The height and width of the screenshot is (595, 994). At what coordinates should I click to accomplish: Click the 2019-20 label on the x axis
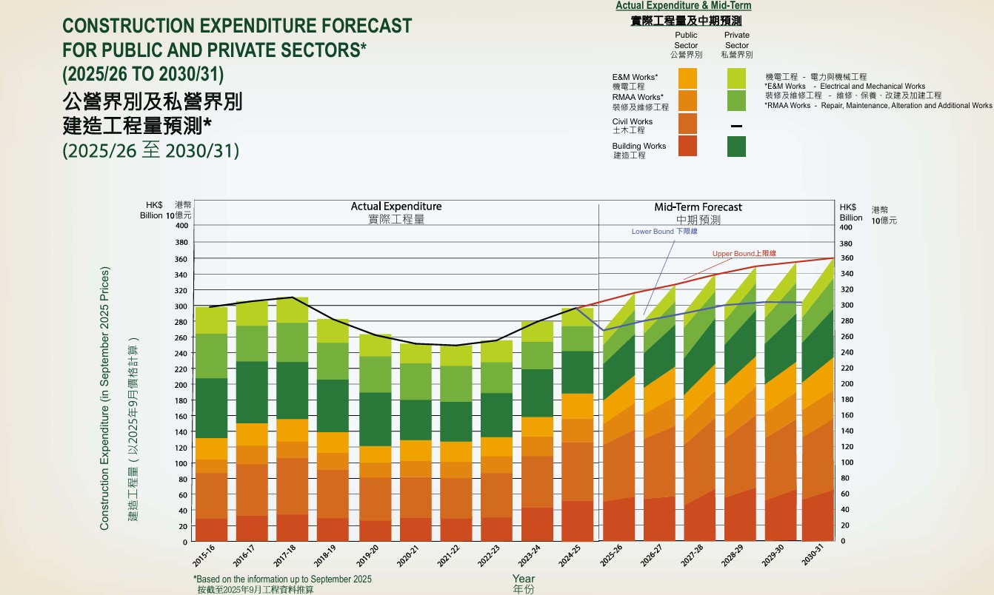[367, 556]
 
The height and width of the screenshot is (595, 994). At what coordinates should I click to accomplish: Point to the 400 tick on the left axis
[182, 225]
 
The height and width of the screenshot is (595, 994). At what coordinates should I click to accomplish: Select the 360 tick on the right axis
[847, 258]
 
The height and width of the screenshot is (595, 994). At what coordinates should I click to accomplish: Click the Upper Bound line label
[744, 254]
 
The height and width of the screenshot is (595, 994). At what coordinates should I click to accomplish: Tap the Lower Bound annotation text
[664, 232]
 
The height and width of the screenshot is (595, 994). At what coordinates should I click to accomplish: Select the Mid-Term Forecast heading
[698, 207]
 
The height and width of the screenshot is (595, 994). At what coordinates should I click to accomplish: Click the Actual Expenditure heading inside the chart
[396, 206]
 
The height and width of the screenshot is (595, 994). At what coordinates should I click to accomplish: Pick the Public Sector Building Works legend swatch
[687, 146]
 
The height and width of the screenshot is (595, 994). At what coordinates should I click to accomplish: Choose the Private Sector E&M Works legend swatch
[736, 78]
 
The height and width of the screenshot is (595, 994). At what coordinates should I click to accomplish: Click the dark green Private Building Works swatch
[736, 147]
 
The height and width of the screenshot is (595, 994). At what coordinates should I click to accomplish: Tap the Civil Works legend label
[633, 121]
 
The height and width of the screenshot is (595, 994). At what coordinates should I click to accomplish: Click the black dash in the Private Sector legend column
[736, 127]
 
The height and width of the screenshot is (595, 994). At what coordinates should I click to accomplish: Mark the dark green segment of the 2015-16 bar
[212, 408]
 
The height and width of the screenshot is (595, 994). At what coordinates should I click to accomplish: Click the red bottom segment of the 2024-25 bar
[577, 521]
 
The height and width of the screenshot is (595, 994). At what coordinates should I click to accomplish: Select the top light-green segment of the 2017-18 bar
[292, 310]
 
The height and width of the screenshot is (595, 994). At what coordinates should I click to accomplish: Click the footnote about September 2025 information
[283, 579]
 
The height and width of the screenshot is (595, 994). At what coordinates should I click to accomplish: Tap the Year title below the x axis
[524, 579]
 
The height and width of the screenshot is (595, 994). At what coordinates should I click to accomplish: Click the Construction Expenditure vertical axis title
[104, 398]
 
